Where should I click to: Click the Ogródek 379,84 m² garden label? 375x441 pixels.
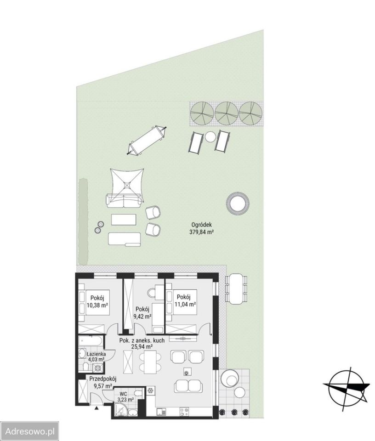point(201,228)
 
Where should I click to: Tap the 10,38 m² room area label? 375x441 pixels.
point(97,305)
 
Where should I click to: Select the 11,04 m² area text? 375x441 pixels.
point(185,304)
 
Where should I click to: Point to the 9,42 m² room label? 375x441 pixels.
point(142,316)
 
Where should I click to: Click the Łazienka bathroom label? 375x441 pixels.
point(96,354)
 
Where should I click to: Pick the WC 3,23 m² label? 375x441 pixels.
point(125,393)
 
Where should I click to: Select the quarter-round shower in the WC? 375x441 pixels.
point(120,409)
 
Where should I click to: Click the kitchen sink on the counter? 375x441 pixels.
point(161,412)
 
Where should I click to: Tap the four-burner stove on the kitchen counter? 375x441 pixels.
point(184,412)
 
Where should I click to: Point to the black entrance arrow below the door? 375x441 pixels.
point(97,407)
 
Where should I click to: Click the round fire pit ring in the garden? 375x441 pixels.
point(238,203)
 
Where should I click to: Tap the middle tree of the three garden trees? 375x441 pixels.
point(227,112)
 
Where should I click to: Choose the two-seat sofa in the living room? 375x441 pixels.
point(188,386)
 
